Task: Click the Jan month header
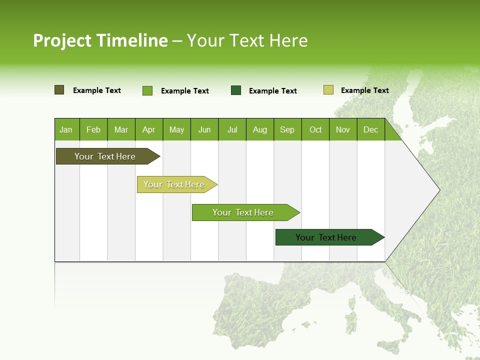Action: click(x=66, y=130)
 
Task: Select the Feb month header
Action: click(x=93, y=130)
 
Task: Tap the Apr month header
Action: click(x=148, y=130)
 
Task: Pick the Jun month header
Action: click(x=204, y=130)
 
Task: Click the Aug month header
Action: click(x=260, y=130)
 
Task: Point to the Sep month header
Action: click(x=287, y=130)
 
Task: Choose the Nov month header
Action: click(x=343, y=130)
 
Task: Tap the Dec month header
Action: click(x=371, y=130)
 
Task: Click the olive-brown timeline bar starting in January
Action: click(x=105, y=156)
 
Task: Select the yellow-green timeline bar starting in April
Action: click(x=174, y=184)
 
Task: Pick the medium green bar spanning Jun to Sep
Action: click(x=243, y=212)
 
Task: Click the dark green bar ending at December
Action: click(x=326, y=237)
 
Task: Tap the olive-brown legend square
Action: click(x=59, y=90)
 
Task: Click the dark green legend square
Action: click(x=236, y=90)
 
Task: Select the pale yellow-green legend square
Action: click(x=328, y=90)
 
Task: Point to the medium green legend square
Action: click(x=147, y=90)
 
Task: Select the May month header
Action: click(x=176, y=130)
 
